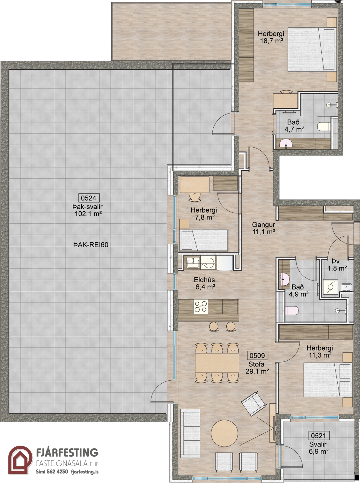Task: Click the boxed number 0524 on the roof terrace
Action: [89, 198]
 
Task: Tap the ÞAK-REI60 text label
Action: [91, 245]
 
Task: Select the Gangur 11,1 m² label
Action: [264, 228]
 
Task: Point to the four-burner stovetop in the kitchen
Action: [201, 306]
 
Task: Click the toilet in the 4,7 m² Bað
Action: [324, 126]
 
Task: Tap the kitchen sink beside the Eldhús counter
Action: [193, 262]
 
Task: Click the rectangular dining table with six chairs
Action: [217, 363]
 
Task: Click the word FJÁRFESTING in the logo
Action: [67, 451]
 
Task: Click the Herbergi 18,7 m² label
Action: [271, 37]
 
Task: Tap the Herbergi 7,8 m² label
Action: [204, 213]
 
